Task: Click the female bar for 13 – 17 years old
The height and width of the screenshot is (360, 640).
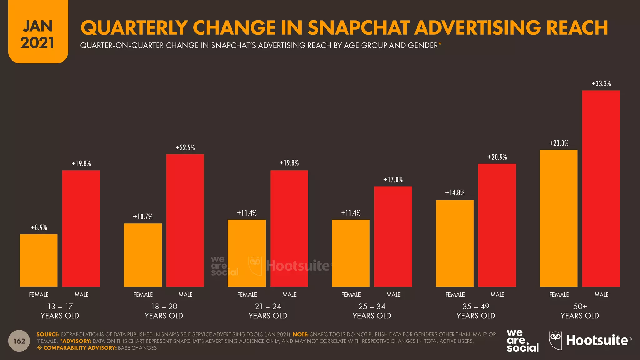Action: click(x=39, y=260)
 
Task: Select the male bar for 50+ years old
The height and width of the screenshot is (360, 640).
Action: click(x=601, y=188)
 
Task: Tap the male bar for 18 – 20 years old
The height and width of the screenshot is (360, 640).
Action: click(x=185, y=220)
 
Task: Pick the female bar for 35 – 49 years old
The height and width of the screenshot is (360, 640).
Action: click(x=455, y=243)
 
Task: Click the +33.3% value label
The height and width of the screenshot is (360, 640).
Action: click(x=601, y=84)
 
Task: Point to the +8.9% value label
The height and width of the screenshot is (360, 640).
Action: click(x=39, y=228)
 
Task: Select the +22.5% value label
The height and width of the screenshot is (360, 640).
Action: click(x=185, y=148)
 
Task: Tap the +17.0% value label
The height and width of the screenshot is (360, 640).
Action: click(x=393, y=180)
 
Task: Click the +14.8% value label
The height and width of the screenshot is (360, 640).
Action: click(x=455, y=193)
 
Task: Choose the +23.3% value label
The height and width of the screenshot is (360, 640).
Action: click(x=559, y=143)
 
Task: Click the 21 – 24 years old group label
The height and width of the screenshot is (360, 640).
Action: click(x=268, y=311)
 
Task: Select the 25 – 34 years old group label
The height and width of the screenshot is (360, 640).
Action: click(x=372, y=311)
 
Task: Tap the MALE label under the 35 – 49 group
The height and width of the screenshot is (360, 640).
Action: click(x=497, y=295)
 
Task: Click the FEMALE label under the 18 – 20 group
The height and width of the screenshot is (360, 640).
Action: click(x=143, y=295)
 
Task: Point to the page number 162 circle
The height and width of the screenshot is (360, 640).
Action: click(x=19, y=341)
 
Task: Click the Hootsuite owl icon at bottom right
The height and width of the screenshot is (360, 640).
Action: click(x=555, y=340)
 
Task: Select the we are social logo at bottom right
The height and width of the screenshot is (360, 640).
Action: click(x=522, y=341)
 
